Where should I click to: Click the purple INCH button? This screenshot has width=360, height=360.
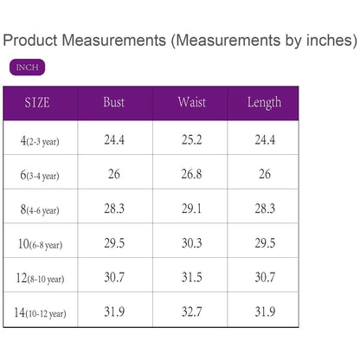(x=27, y=67)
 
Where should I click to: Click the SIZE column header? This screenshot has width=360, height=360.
(x=37, y=103)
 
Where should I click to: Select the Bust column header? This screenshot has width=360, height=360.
(x=114, y=102)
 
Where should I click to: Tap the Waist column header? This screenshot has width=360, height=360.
(x=192, y=102)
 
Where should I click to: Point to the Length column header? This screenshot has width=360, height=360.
(x=264, y=103)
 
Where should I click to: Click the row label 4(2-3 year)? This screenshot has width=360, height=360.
(x=40, y=141)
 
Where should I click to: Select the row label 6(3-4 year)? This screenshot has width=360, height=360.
(x=40, y=175)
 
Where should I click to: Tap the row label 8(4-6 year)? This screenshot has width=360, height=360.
(x=40, y=209)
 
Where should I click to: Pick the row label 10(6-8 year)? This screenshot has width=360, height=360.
(x=40, y=244)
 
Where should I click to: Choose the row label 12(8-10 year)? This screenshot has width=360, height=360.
(x=40, y=279)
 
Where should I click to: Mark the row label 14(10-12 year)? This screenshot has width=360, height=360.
(x=40, y=312)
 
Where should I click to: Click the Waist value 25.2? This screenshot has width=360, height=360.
(x=192, y=140)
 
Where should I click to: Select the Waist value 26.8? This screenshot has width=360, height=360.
(x=192, y=174)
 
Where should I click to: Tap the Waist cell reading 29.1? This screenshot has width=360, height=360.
(x=192, y=209)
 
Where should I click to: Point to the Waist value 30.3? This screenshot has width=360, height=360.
(x=192, y=243)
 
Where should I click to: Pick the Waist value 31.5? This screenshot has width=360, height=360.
(x=192, y=277)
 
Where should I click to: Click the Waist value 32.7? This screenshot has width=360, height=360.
(x=192, y=312)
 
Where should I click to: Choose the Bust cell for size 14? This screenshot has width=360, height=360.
(x=114, y=312)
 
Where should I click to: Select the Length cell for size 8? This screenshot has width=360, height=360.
(x=265, y=209)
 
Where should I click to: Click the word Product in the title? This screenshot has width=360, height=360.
(x=30, y=40)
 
